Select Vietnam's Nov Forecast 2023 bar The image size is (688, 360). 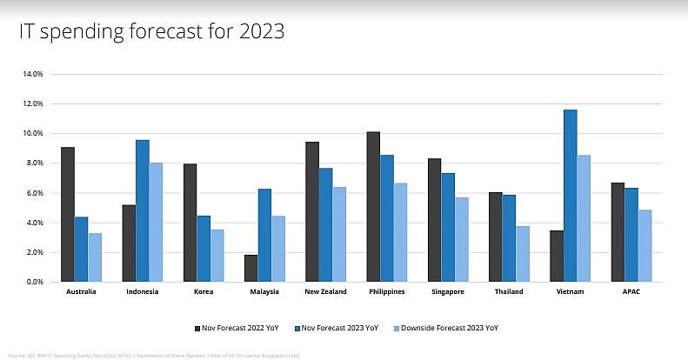(570, 196)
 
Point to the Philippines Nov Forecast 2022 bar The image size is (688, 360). (372, 207)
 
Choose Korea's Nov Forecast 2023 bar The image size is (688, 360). (203, 249)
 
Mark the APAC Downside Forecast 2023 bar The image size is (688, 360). (645, 246)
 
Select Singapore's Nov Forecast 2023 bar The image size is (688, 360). (447, 228)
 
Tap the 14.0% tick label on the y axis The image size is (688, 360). (33, 74)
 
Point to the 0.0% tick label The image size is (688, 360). (35, 282)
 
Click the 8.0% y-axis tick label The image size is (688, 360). (35, 163)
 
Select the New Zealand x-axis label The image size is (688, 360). (325, 292)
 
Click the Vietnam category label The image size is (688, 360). (570, 292)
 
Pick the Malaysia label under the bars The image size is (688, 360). (264, 292)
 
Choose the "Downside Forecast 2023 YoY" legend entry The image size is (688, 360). (450, 329)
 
